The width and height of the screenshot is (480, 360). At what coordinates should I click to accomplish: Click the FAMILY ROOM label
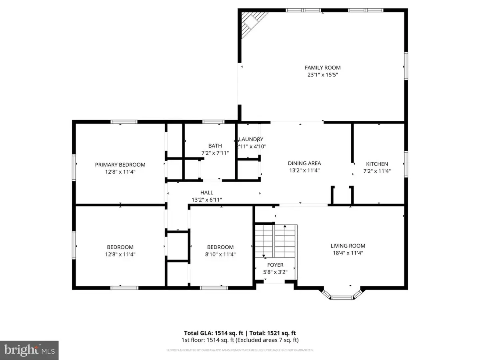tap(322, 68)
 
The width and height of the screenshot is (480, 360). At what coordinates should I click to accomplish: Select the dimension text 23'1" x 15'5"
tap(322, 75)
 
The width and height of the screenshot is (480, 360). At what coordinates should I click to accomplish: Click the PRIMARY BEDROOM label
tap(120, 164)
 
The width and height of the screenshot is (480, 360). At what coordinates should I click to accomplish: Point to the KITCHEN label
tap(377, 164)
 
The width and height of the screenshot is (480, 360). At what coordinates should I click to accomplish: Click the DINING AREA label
tap(304, 163)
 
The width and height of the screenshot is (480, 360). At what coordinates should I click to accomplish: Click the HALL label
tap(206, 192)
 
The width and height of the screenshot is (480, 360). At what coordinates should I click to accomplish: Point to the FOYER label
tap(275, 265)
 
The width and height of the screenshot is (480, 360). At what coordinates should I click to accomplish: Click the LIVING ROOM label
tap(348, 246)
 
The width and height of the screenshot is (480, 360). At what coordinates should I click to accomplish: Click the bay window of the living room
tap(341, 296)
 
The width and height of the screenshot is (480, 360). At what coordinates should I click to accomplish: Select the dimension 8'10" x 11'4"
tap(220, 254)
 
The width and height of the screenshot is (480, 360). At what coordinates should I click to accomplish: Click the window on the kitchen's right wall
tap(406, 164)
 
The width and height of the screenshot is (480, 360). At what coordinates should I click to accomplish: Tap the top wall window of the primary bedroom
tap(124, 122)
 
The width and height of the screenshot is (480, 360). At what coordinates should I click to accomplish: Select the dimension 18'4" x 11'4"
tap(348, 253)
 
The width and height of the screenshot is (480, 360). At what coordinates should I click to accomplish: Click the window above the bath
tap(213, 122)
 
